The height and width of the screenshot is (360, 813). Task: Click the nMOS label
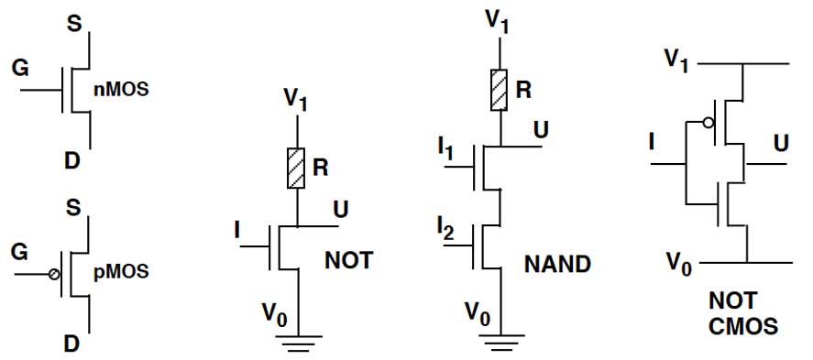121,89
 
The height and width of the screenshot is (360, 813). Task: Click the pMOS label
121,271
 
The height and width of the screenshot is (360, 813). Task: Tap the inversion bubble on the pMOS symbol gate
53,274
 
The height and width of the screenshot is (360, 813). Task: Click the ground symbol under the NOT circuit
299,344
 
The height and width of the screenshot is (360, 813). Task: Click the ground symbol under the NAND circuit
500,344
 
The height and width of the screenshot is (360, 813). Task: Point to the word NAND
557,265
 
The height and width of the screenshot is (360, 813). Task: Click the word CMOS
743,327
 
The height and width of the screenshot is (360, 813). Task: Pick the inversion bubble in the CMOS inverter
708,124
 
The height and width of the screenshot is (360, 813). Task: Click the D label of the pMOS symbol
72,343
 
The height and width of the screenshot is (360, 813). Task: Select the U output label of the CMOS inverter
781,144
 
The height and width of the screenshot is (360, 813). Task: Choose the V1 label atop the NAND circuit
496,22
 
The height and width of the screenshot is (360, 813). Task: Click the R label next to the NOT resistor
321,168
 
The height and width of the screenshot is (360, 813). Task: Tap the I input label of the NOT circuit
237,231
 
